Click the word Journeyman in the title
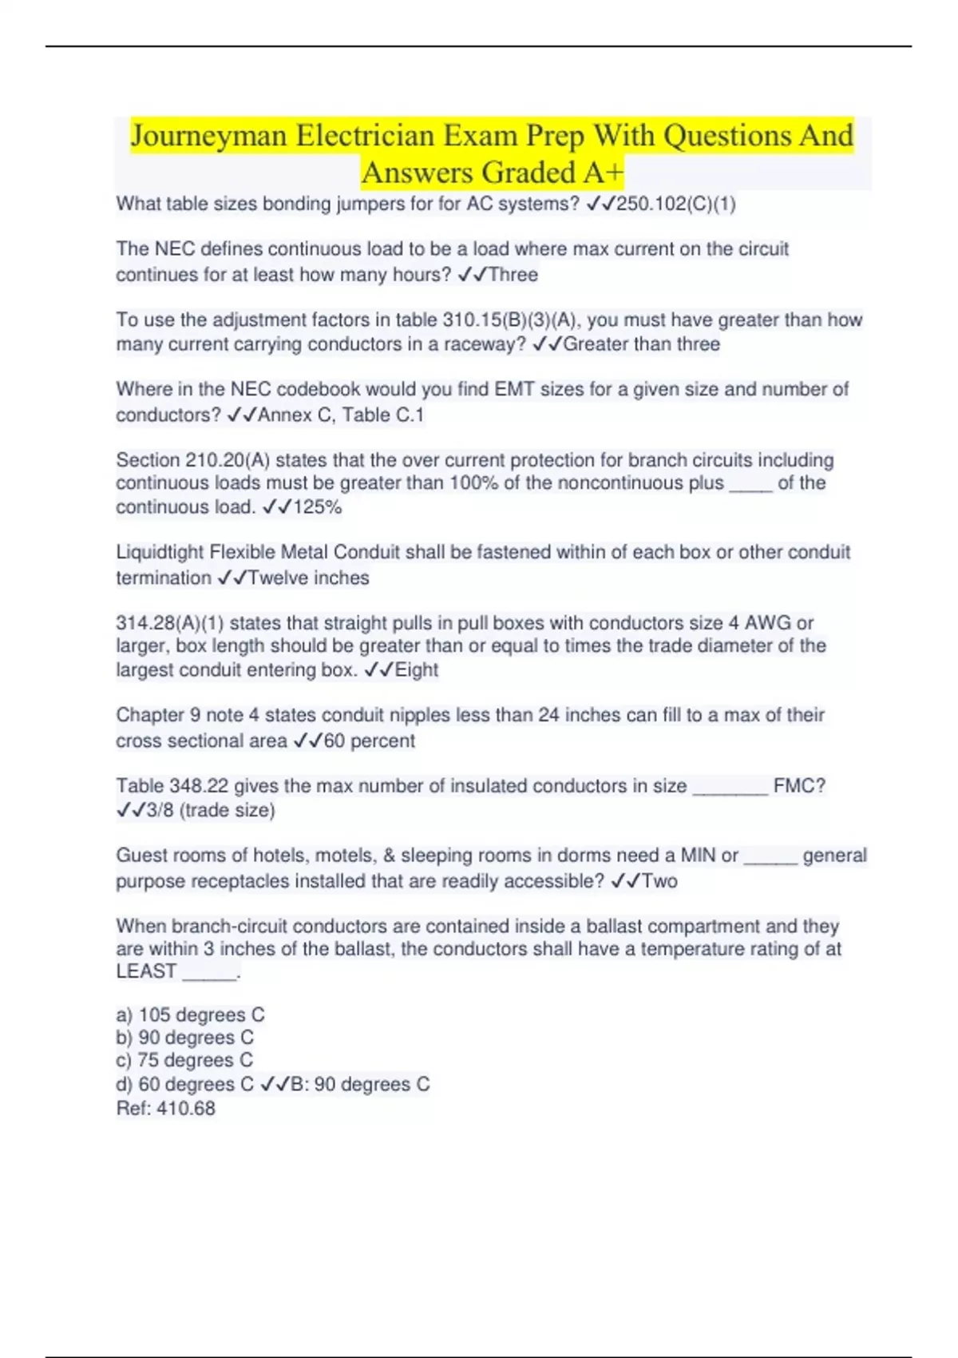pos(208,136)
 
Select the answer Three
pos(513,275)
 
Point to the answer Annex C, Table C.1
pos(340,415)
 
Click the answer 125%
pos(317,507)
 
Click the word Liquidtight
pos(160,552)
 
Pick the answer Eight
pos(416,670)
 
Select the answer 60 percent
pos(369,741)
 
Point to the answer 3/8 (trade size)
pos(211,811)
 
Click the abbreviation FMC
pos(794,786)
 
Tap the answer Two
pos(659,882)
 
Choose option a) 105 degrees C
pos(190,1015)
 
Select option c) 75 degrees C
pos(184,1061)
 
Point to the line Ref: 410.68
pos(165,1109)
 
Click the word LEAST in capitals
pos(146,972)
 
